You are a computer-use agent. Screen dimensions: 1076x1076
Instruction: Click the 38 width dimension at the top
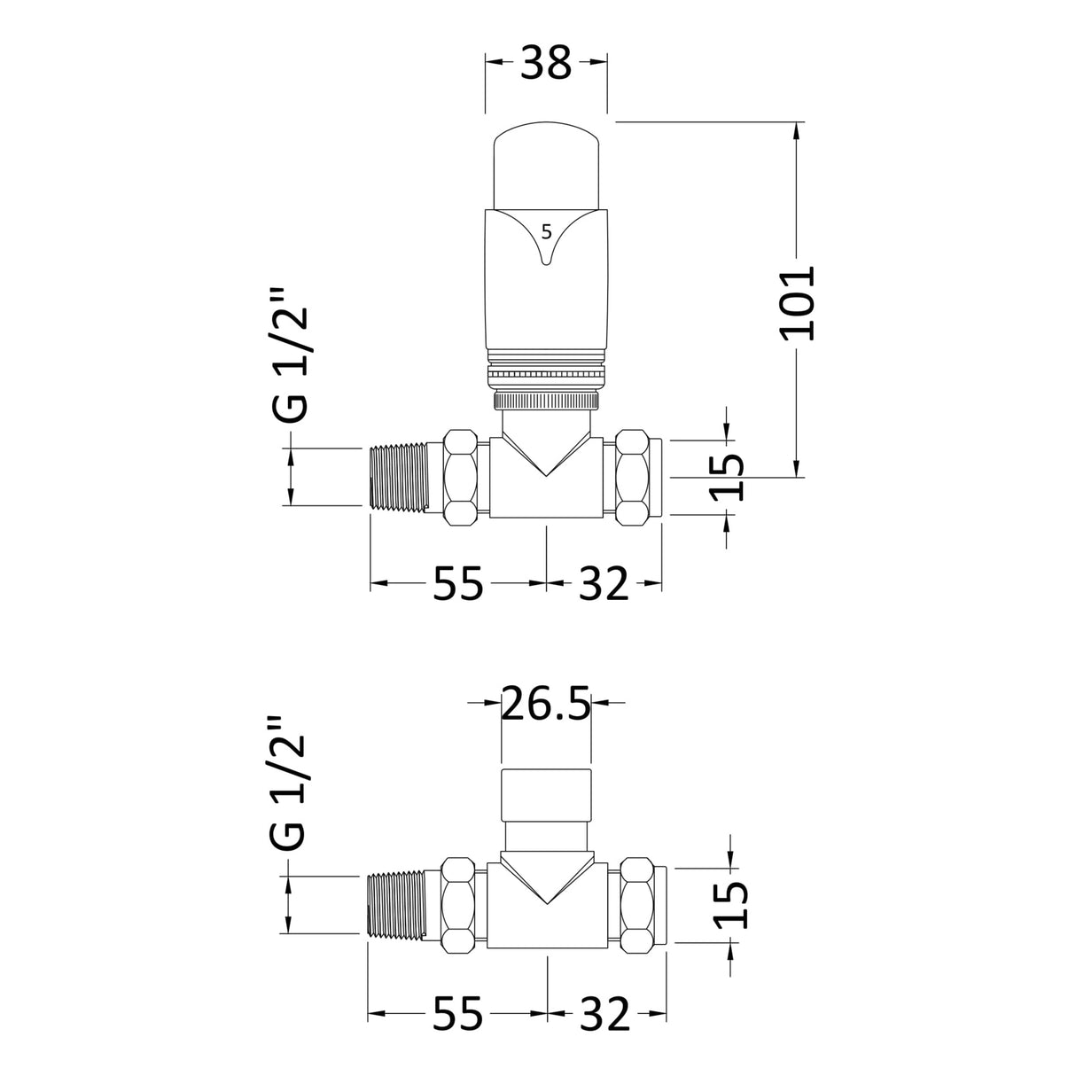(x=546, y=65)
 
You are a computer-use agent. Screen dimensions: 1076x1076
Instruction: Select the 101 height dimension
(x=797, y=301)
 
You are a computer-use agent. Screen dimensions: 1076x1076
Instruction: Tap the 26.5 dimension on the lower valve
(x=546, y=705)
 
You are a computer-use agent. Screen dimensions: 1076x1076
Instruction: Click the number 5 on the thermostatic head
(x=546, y=232)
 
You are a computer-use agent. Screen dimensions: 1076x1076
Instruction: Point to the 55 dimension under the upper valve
(x=458, y=584)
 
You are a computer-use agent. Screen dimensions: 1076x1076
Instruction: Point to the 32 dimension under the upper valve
(x=603, y=584)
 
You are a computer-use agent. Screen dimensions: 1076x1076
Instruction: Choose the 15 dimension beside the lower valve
(x=730, y=903)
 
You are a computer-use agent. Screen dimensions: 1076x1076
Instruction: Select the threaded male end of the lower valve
(x=396, y=904)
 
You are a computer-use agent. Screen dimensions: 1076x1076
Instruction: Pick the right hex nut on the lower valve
(x=637, y=904)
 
